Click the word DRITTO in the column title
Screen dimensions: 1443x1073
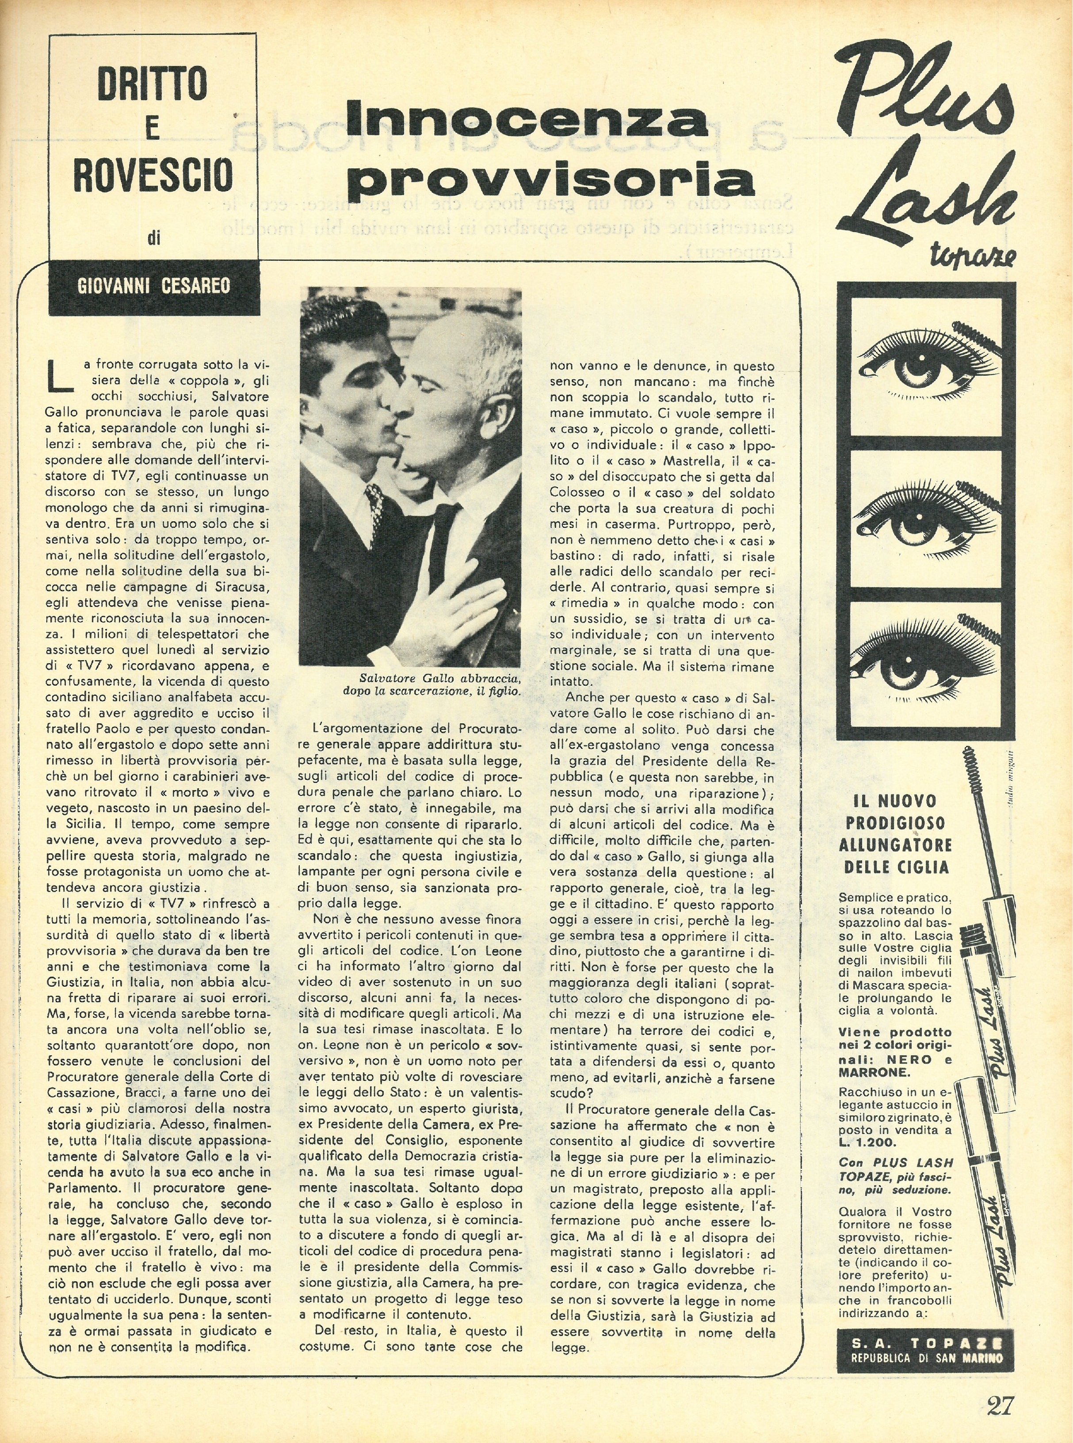(153, 83)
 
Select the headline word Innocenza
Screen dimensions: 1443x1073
(527, 117)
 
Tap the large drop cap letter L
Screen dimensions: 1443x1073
(62, 377)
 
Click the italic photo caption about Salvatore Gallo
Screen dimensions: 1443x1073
(432, 684)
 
